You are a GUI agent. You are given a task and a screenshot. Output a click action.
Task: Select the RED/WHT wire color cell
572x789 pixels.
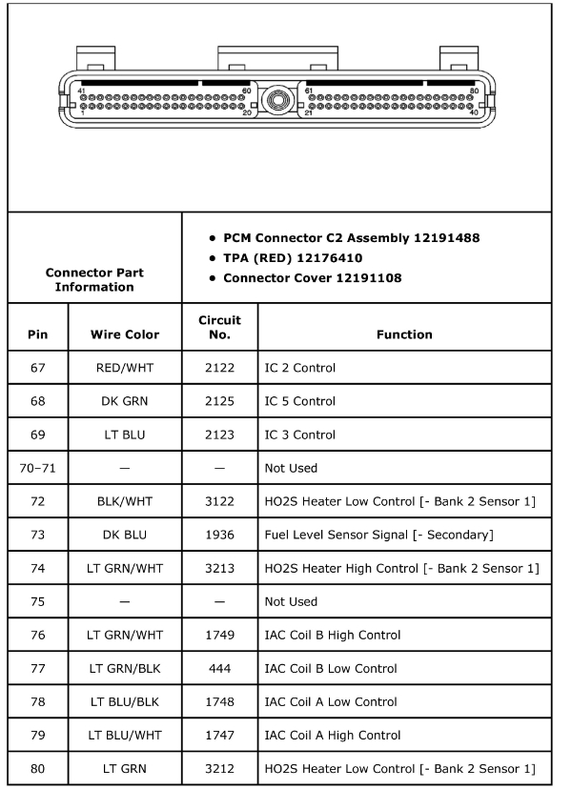coord(125,368)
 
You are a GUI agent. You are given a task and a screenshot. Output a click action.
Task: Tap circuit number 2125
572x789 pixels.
coord(219,401)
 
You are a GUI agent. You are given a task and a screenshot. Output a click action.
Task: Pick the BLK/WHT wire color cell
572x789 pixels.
coord(125,501)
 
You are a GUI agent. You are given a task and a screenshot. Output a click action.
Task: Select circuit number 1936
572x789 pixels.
coord(219,535)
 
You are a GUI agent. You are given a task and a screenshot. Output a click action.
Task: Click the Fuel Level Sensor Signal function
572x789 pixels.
coord(378,535)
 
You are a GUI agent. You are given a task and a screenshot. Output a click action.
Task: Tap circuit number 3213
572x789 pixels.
coord(219,568)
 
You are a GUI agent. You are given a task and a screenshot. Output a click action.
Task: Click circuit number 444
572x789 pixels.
coord(219,668)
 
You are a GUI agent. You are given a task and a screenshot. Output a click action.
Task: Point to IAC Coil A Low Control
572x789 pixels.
coord(330,701)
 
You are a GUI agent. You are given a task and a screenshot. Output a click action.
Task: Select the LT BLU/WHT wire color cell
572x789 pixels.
coord(125,735)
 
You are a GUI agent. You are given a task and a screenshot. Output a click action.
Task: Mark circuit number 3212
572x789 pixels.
coord(219,768)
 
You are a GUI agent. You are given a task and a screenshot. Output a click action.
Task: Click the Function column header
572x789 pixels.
coord(403,334)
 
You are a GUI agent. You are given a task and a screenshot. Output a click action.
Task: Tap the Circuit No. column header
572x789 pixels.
coord(219,327)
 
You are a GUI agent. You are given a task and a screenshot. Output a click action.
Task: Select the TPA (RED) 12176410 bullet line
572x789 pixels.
coord(292,257)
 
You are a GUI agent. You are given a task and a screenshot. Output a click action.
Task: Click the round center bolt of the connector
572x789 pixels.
coord(277,98)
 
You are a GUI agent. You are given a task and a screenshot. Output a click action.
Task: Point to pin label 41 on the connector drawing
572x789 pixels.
coord(82,90)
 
